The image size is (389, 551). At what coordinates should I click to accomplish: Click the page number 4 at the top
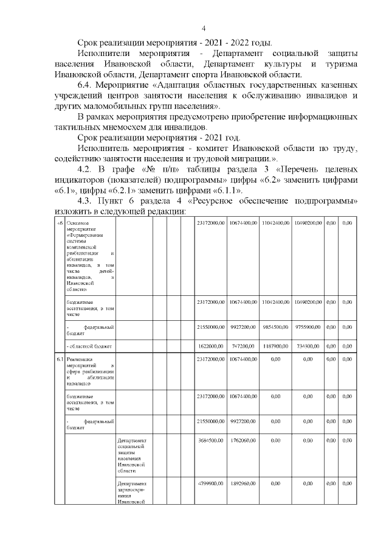tap(203, 29)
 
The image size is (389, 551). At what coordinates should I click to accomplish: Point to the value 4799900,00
tap(211, 484)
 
